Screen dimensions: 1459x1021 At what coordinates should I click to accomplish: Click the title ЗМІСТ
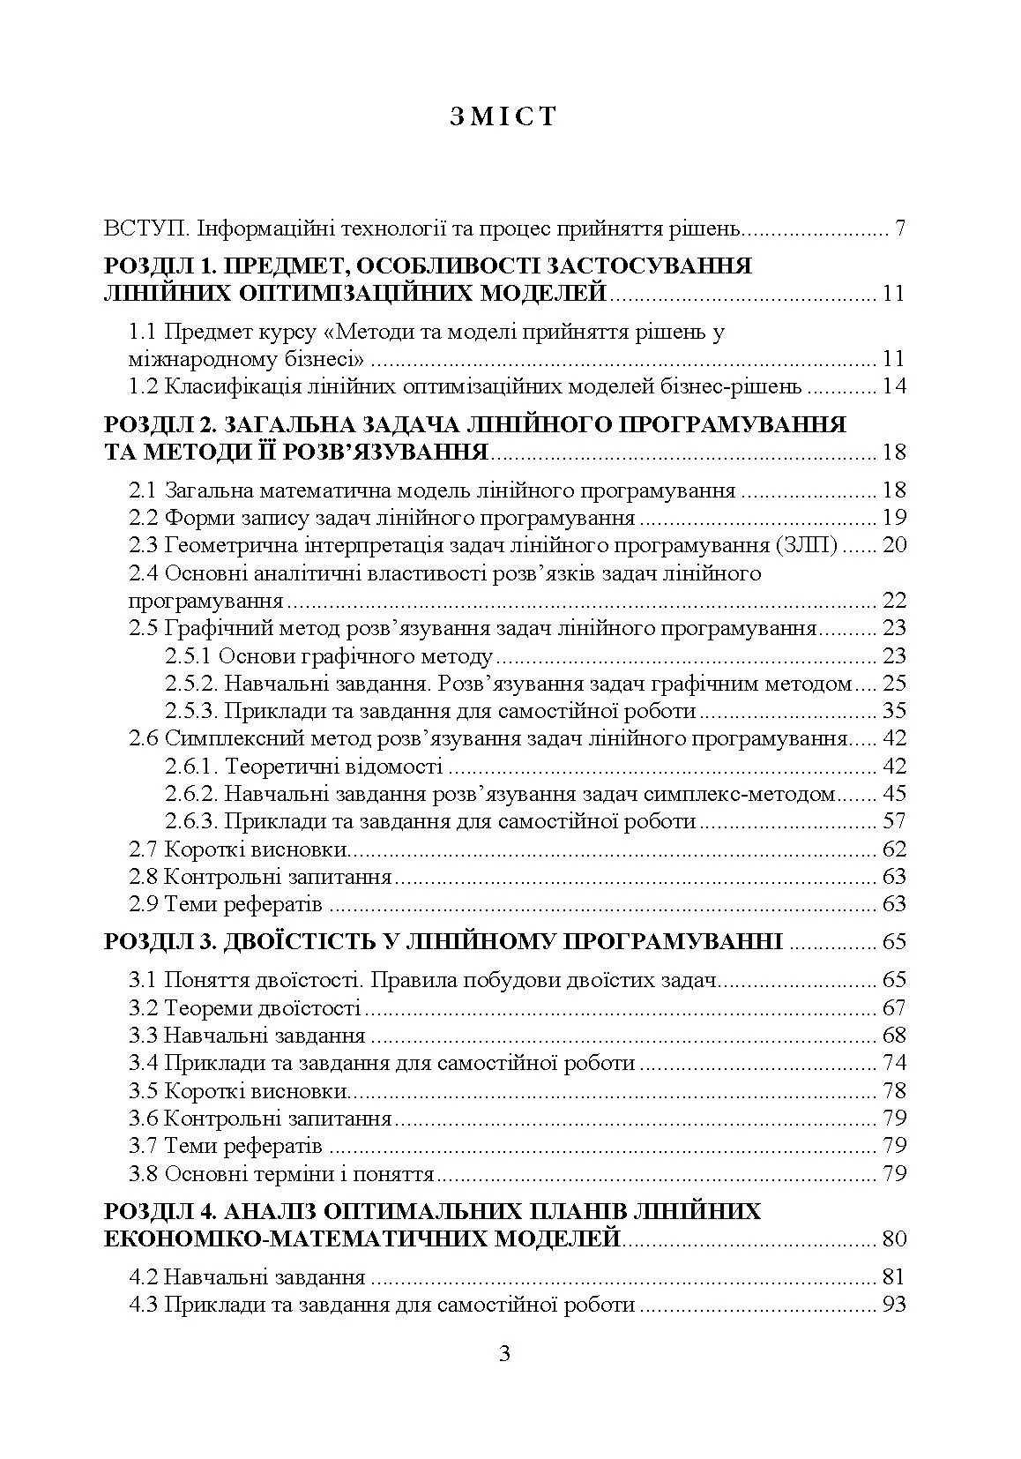[504, 117]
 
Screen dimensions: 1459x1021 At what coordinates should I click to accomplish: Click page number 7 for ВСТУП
[899, 229]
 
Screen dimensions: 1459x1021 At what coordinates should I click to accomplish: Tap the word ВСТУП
[145, 229]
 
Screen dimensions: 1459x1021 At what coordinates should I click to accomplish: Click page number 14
[893, 386]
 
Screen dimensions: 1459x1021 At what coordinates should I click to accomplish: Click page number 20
[893, 545]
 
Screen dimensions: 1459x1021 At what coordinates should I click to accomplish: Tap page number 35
[893, 711]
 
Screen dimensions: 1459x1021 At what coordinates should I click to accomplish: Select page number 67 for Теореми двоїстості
[893, 1007]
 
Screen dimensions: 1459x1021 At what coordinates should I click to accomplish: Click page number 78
[893, 1091]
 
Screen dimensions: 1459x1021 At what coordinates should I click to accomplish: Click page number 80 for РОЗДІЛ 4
[893, 1239]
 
